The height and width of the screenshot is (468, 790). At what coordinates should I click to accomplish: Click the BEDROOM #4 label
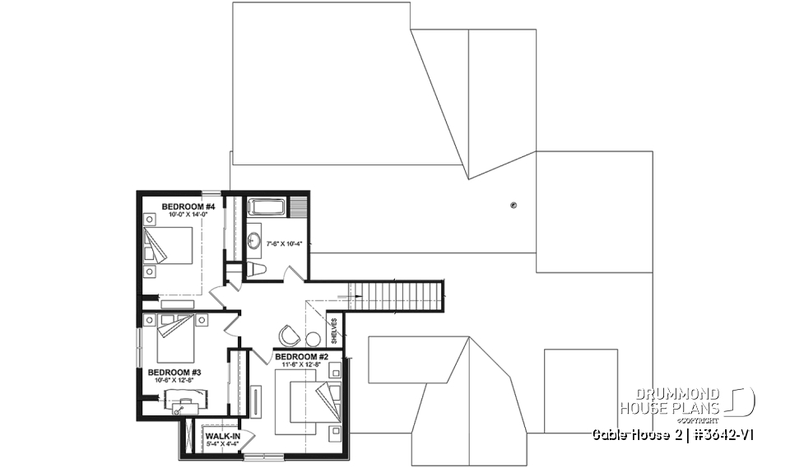(188, 206)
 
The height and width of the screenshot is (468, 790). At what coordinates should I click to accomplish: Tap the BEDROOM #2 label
(302, 356)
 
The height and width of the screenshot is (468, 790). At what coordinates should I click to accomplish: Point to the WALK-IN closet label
(222, 435)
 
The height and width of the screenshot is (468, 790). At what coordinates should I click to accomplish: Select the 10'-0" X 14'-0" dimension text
(188, 215)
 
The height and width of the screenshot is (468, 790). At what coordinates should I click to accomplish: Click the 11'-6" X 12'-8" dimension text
(302, 364)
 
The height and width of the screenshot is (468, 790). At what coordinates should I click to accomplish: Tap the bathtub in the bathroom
(266, 207)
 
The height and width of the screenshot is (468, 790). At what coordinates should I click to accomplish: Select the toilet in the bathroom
(256, 270)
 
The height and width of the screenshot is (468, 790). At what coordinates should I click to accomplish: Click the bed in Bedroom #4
(171, 245)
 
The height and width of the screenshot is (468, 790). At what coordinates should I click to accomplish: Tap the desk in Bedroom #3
(184, 401)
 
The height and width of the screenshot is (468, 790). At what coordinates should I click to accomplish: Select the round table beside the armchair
(313, 338)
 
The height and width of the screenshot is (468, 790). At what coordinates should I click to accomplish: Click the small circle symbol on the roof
(513, 205)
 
